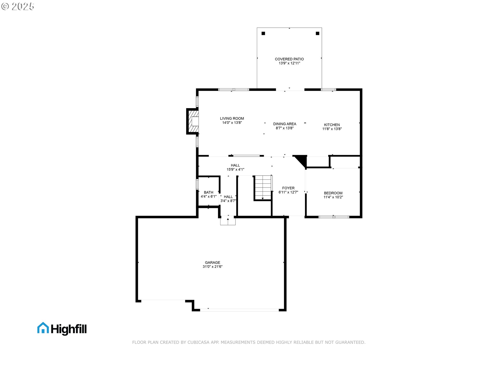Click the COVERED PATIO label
(289, 59)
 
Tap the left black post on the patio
(263, 33)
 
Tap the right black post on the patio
(317, 33)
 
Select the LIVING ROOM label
(232, 118)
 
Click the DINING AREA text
(285, 124)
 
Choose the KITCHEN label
(332, 125)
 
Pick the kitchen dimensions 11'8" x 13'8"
(332, 129)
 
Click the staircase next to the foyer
(263, 188)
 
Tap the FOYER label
(288, 188)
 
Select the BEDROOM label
(333, 193)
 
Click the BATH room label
(209, 192)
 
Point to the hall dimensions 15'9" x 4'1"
(235, 169)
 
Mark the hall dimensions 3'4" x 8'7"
(228, 201)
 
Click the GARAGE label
(212, 262)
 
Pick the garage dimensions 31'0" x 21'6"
(212, 267)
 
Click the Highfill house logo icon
(43, 328)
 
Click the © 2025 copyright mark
(18, 6)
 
